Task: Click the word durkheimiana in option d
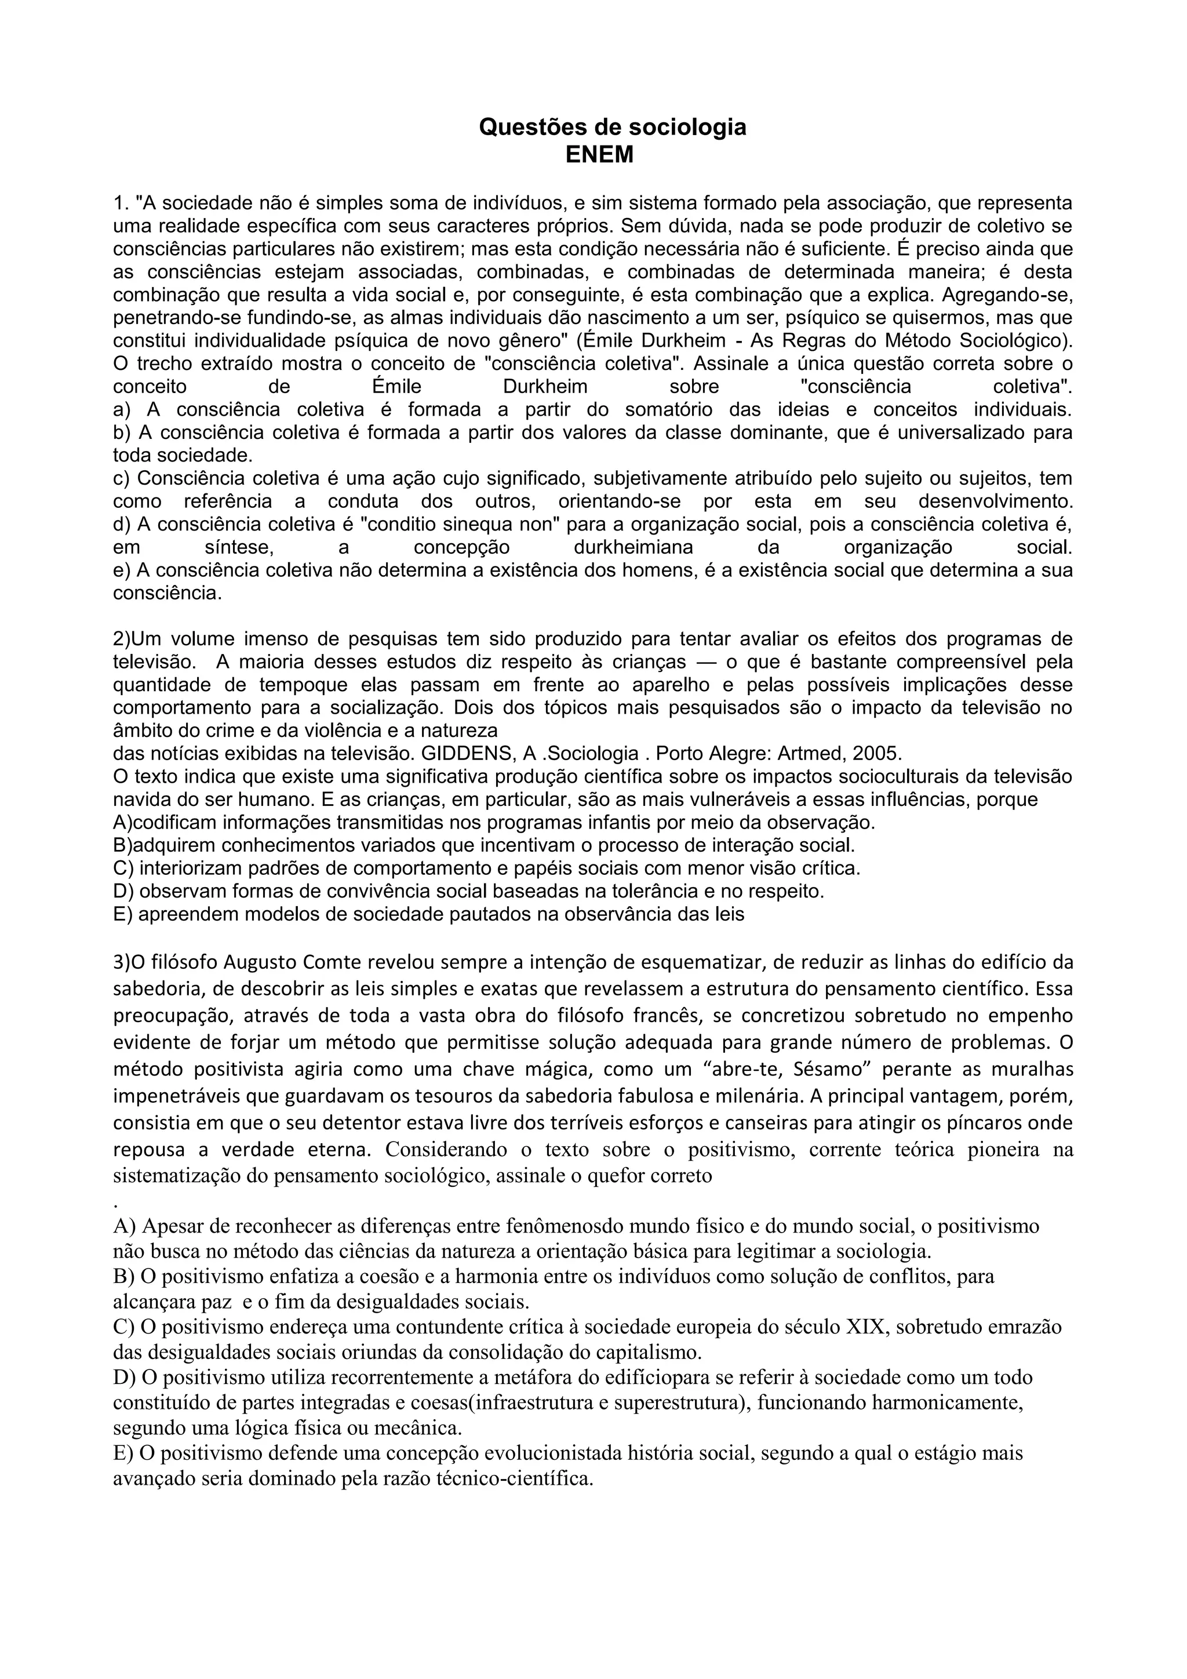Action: pos(633,548)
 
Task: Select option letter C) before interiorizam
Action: pos(123,868)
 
